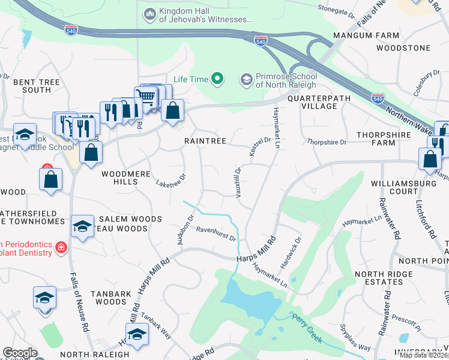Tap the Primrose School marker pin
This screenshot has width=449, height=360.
coord(246,79)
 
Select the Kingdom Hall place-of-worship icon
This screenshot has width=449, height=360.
coord(149,13)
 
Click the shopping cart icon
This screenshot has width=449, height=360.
coord(146,96)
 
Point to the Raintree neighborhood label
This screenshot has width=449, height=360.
coord(205,141)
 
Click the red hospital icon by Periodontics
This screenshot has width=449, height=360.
coord(61,247)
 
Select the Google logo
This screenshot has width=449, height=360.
coord(19,353)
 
